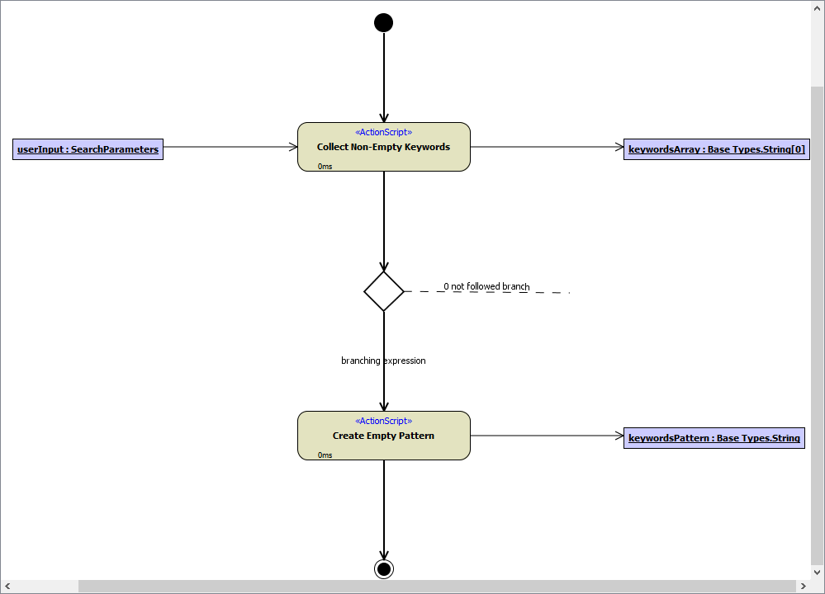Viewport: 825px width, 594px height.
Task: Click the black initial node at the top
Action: pyautogui.click(x=383, y=22)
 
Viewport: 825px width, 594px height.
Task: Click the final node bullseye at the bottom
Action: pyautogui.click(x=383, y=568)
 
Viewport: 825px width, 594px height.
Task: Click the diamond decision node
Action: pyautogui.click(x=384, y=291)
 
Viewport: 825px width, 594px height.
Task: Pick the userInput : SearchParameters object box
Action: pyautogui.click(x=88, y=149)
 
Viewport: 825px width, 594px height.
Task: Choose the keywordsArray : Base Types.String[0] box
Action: pyautogui.click(x=716, y=149)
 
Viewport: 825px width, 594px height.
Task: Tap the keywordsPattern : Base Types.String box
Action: pyautogui.click(x=714, y=438)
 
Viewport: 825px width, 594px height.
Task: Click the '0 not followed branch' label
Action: pyautogui.click(x=486, y=286)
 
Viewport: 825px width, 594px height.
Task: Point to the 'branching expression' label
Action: pyautogui.click(x=383, y=361)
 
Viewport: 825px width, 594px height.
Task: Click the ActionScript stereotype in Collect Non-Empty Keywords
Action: pyautogui.click(x=383, y=132)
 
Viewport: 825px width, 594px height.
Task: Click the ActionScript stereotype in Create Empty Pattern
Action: pyautogui.click(x=383, y=421)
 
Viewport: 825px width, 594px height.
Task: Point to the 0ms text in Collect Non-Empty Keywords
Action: pyautogui.click(x=325, y=167)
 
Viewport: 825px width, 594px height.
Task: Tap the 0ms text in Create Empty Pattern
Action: pyautogui.click(x=325, y=455)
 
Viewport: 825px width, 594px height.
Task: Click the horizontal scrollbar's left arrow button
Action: pyautogui.click(x=7, y=586)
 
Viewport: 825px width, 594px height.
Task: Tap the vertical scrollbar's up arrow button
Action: pyautogui.click(x=817, y=7)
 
